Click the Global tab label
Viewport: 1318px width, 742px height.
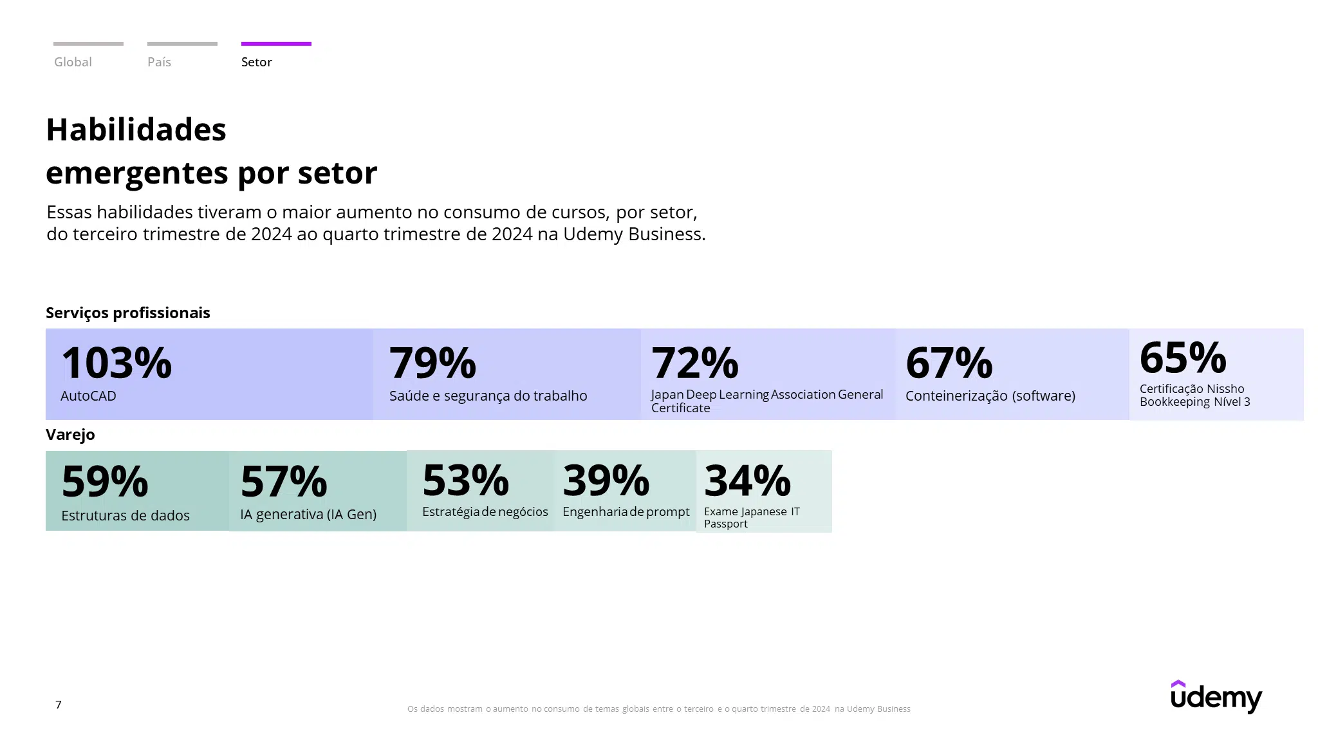point(73,62)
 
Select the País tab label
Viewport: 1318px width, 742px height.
point(159,62)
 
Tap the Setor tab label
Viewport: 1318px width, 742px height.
point(256,62)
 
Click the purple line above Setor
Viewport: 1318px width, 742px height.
point(276,44)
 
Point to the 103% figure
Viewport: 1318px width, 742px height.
point(116,363)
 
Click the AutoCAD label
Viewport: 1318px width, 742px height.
point(88,395)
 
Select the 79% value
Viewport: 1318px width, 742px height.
point(432,363)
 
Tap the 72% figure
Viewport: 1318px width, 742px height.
point(695,363)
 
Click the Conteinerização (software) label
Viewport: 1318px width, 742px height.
point(990,396)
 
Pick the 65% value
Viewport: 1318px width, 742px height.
point(1183,357)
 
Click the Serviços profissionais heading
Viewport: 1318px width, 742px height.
point(128,313)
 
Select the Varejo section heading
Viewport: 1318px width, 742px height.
point(70,435)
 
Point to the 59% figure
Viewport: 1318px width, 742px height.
point(105,482)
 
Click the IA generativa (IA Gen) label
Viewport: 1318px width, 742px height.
point(308,515)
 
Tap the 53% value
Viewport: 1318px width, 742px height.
point(466,480)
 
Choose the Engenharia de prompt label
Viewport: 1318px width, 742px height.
point(626,512)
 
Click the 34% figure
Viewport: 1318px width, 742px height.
point(747,480)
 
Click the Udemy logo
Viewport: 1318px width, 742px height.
point(1216,696)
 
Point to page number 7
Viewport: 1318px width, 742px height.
point(59,705)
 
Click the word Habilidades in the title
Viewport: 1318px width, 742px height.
point(136,129)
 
